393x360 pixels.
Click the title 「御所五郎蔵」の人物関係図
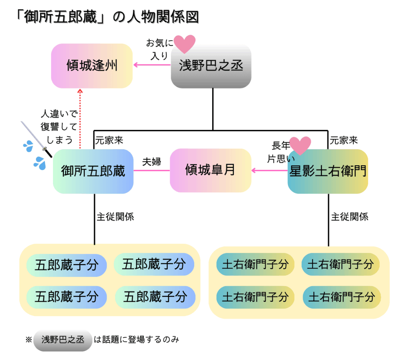[107, 17]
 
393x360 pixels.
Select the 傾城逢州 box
[92, 66]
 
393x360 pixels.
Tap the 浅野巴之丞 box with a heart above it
[211, 66]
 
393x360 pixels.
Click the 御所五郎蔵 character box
[93, 171]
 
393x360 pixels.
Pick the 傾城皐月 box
[210, 170]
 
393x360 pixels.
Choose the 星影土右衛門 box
[328, 171]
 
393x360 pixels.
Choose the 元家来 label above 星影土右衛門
[344, 140]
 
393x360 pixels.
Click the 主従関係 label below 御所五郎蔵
[115, 217]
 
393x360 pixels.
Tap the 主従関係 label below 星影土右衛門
[350, 217]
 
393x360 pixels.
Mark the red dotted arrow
[80, 119]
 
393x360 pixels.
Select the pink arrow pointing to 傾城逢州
[152, 65]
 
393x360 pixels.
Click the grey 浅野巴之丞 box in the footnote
[63, 340]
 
